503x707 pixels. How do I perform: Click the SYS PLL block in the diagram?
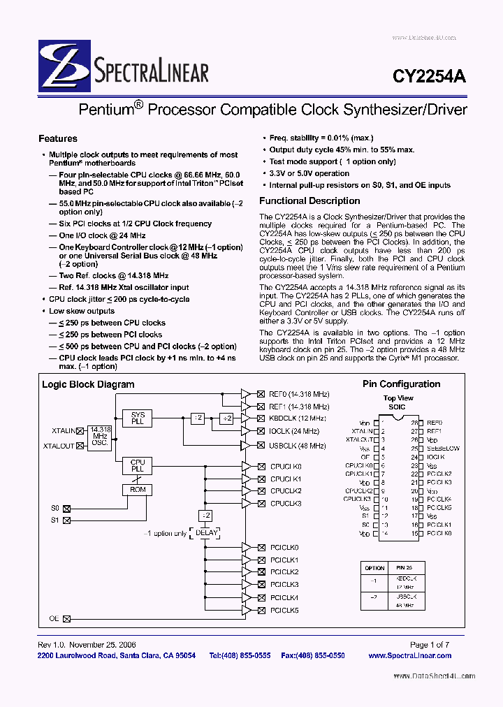pos(138,418)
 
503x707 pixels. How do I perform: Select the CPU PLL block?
pos(138,466)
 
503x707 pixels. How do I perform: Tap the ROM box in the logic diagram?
pos(138,490)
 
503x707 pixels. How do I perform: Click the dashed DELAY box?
pos(207,532)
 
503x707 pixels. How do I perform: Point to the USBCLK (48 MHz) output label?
pos(298,446)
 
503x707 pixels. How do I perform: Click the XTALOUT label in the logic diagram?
pos(59,446)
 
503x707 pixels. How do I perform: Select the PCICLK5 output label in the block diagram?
pos(284,610)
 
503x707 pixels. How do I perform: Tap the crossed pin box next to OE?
pos(67,618)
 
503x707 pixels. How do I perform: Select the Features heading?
pos(57,138)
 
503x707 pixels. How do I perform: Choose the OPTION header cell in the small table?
pos(375,568)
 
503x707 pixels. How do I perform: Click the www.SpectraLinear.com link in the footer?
pos(409,655)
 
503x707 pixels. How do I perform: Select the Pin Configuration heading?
pos(401,384)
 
